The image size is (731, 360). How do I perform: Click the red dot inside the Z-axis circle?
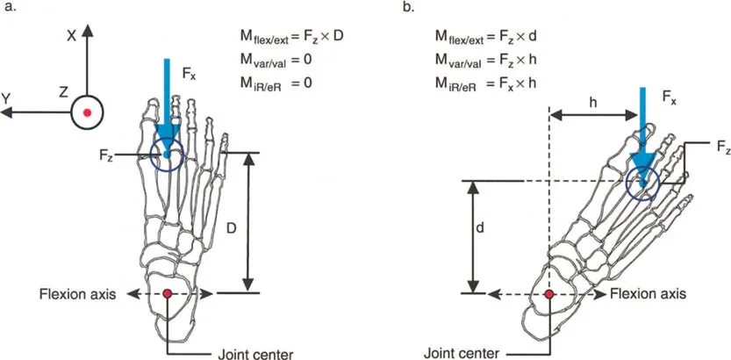click(87, 113)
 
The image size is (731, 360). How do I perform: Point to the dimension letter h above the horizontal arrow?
click(592, 102)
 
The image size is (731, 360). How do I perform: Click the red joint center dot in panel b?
click(549, 293)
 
